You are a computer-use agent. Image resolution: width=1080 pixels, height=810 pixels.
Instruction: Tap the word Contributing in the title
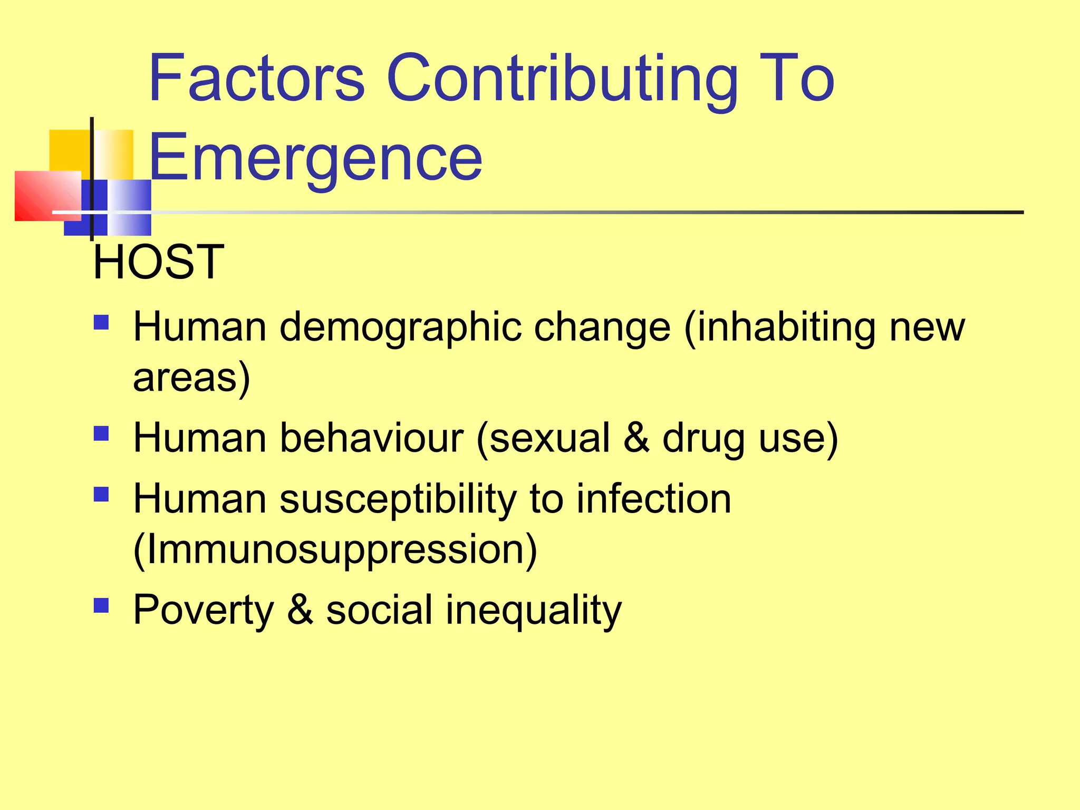(562, 79)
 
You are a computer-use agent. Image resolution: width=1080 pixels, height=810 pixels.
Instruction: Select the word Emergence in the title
(315, 157)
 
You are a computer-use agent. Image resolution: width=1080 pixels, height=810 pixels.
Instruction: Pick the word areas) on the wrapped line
(191, 377)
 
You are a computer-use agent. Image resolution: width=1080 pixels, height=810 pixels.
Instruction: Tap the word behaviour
(371, 437)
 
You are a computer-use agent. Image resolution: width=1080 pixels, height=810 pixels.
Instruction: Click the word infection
(653, 498)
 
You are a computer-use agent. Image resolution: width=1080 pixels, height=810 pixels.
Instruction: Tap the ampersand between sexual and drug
(636, 437)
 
